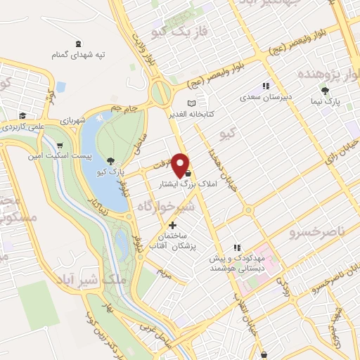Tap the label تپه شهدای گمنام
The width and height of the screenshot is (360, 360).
point(78,55)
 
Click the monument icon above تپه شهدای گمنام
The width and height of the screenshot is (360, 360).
point(77,44)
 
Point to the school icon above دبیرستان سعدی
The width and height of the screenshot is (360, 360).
point(265,86)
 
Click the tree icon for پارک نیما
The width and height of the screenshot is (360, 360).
point(324,91)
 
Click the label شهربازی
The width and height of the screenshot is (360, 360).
point(72,120)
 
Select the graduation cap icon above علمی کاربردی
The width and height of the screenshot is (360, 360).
point(22,116)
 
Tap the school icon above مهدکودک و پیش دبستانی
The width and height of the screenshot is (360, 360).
point(238,247)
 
